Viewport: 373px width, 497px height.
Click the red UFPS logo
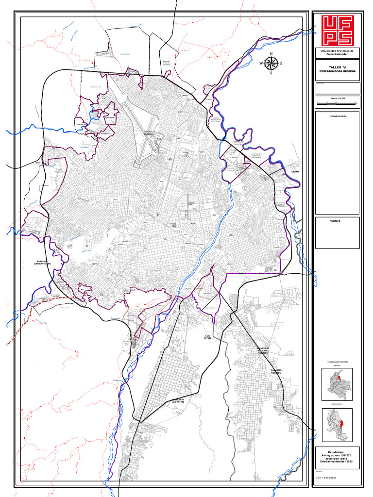(337, 30)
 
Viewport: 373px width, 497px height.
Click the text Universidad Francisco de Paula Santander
(337, 52)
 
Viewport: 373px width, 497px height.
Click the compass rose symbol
(271, 64)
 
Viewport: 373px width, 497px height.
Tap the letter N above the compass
(271, 54)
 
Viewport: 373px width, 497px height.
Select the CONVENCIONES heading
(338, 116)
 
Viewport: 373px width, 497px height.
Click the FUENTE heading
(335, 221)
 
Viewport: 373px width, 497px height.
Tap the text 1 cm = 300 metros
(326, 478)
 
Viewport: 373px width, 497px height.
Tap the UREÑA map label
(295, 172)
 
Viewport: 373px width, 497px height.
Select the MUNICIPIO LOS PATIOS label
(178, 401)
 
